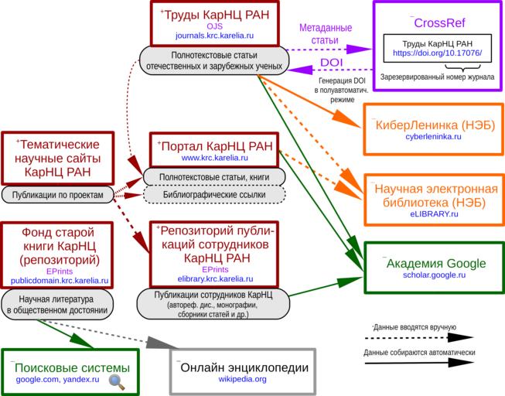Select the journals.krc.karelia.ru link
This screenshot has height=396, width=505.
pyautogui.click(x=214, y=36)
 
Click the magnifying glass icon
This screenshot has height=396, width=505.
pyautogui.click(x=115, y=380)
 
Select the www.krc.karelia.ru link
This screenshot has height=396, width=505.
pyautogui.click(x=215, y=158)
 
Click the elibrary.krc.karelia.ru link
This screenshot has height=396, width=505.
pyautogui.click(x=215, y=278)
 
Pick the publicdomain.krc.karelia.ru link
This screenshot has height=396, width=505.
pyautogui.click(x=60, y=281)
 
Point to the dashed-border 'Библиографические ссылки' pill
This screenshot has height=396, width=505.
pyautogui.click(x=214, y=195)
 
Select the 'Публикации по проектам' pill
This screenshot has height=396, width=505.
pyautogui.click(x=57, y=195)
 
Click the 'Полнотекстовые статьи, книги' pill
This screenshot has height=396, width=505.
pyautogui.click(x=214, y=177)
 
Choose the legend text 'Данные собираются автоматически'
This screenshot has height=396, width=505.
pyautogui.click(x=418, y=353)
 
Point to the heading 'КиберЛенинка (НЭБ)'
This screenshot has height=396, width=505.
pyautogui.click(x=433, y=125)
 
